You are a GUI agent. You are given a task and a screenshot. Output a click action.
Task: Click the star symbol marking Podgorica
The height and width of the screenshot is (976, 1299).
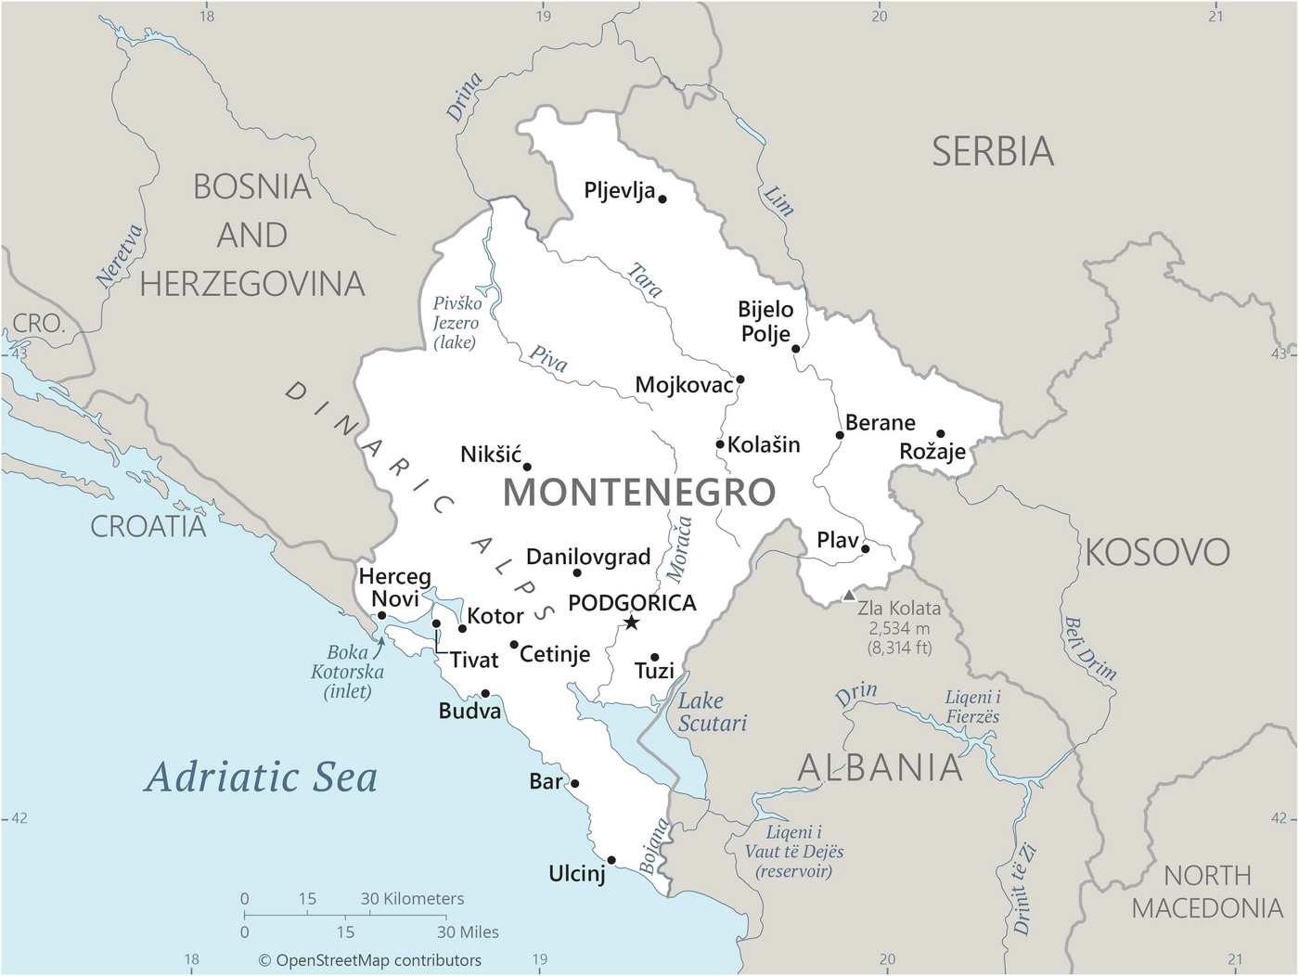click(x=631, y=623)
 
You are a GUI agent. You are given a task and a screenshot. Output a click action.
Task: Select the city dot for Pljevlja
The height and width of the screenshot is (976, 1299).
click(x=662, y=199)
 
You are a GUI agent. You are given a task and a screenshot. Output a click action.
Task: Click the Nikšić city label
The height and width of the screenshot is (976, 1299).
click(x=491, y=455)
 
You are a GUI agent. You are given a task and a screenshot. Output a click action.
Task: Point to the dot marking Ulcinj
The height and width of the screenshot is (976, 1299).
click(x=611, y=860)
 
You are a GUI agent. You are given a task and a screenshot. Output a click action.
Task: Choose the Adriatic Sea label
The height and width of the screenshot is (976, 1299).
click(x=261, y=777)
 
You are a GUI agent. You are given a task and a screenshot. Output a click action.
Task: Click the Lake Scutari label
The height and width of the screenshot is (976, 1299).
click(x=712, y=713)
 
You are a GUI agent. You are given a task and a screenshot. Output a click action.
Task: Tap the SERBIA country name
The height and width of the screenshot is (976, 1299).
click(x=993, y=152)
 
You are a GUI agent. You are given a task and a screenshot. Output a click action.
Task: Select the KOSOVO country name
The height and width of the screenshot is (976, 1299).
click(x=1157, y=553)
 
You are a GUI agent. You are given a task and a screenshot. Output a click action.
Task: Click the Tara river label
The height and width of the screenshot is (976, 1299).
click(x=645, y=279)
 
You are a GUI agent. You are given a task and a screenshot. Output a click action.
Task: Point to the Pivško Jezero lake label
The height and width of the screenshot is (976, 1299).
click(x=457, y=323)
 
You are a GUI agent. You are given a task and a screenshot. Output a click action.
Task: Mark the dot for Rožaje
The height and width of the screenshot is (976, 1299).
click(x=940, y=433)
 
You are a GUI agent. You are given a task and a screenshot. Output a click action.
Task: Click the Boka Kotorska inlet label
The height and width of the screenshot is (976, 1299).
click(x=348, y=672)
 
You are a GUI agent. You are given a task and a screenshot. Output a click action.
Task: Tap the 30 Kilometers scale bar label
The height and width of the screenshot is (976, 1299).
click(x=412, y=898)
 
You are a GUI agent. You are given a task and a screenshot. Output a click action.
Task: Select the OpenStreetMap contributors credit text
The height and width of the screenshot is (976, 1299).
click(x=369, y=960)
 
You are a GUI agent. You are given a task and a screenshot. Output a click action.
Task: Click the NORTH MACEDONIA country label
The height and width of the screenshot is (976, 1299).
click(x=1206, y=892)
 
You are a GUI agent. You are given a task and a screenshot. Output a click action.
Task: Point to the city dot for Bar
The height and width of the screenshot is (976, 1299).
click(x=574, y=784)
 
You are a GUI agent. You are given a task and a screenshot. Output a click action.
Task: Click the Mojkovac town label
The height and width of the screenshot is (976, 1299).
click(x=684, y=385)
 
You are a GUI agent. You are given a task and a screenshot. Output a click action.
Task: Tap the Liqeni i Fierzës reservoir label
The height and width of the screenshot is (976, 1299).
click(x=972, y=707)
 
